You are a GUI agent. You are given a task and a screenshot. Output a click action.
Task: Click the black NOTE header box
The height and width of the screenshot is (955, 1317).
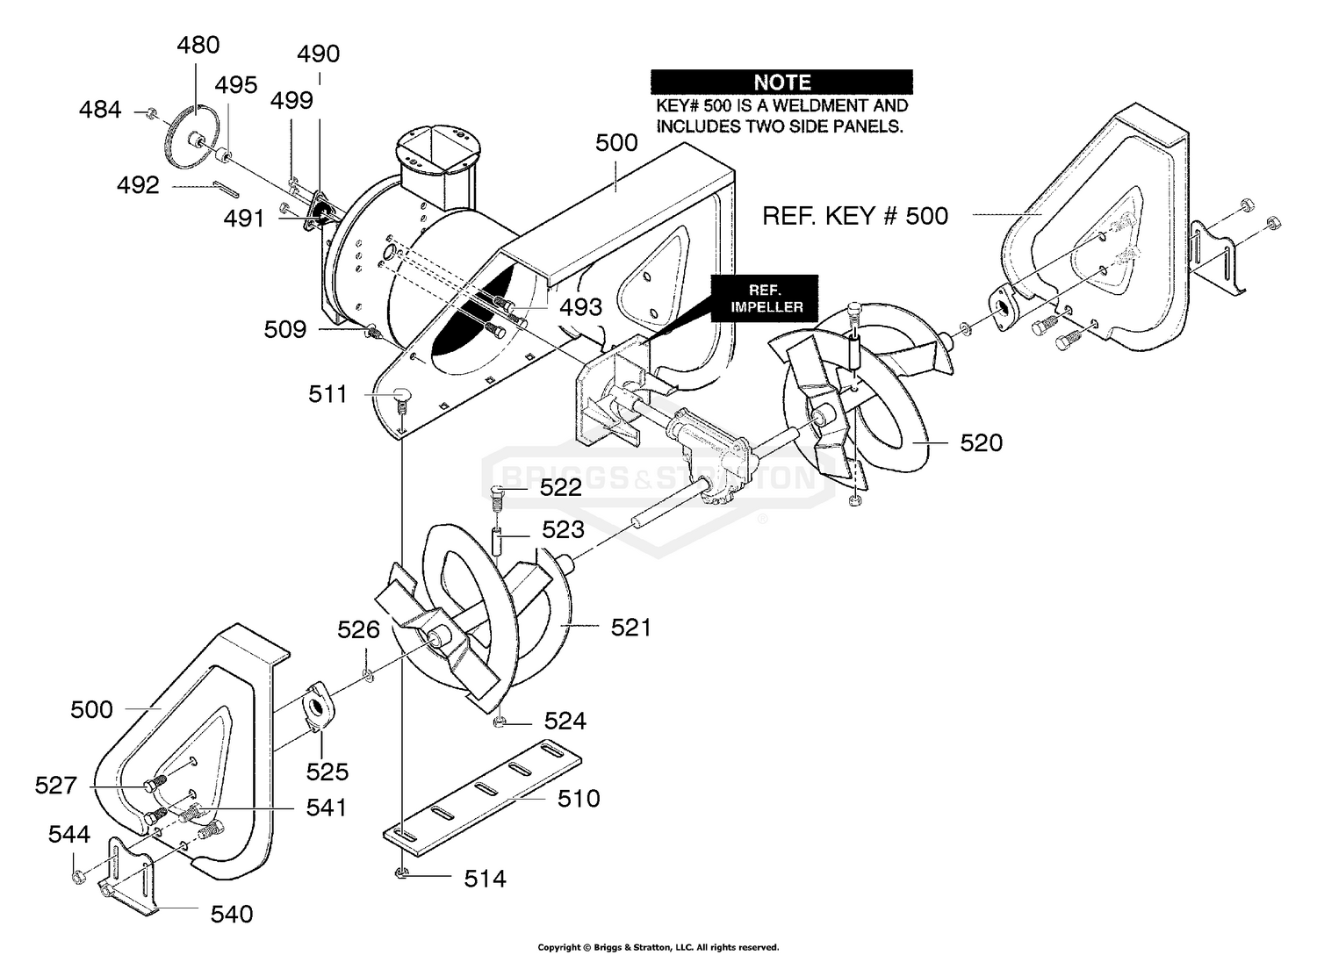781,83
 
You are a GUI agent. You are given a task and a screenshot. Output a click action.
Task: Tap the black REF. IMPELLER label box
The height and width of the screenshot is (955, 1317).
763,298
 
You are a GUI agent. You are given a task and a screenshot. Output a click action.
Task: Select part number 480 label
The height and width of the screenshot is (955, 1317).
198,45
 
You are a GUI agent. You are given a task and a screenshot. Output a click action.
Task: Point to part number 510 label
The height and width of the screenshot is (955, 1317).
579,799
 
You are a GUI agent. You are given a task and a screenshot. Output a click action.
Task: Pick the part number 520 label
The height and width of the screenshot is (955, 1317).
981,443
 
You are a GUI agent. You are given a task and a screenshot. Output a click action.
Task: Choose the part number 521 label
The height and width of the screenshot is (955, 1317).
630,628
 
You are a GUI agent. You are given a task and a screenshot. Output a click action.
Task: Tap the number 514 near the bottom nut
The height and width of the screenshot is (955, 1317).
485,879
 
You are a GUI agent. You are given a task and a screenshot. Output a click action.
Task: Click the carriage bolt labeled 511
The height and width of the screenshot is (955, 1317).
402,396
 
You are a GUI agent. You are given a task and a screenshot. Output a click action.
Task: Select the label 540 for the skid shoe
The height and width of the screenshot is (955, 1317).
232,915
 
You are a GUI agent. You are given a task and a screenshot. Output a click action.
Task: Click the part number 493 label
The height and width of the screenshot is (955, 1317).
581,307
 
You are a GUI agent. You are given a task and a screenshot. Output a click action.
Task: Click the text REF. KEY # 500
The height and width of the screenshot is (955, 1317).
854,216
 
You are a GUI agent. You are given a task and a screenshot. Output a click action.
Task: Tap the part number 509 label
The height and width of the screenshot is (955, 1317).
285,330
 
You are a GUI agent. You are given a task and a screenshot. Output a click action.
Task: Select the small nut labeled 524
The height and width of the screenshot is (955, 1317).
498,722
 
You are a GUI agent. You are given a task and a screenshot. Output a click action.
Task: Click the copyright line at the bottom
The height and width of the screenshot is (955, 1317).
658,947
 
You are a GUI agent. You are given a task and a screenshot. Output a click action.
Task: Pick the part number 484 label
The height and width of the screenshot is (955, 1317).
100,111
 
